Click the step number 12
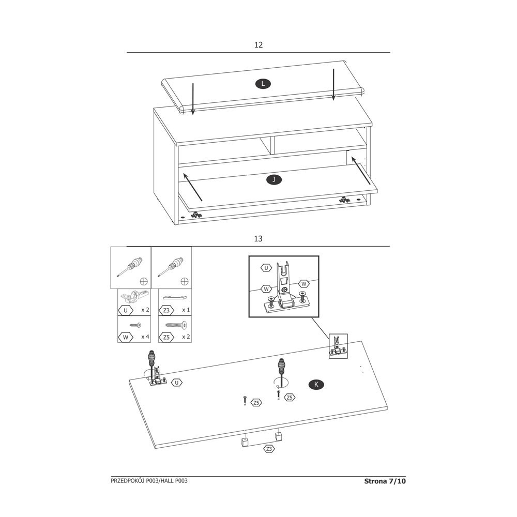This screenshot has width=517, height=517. click(x=258, y=45)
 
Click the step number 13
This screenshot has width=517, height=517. click(x=258, y=239)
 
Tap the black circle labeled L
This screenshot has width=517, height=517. click(x=263, y=84)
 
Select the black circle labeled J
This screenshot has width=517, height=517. click(x=274, y=180)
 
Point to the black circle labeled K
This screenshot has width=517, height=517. click(x=316, y=385)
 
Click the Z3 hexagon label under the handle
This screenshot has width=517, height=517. click(x=269, y=449)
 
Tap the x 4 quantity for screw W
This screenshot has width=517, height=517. click(x=145, y=337)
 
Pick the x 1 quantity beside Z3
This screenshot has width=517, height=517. click(x=186, y=310)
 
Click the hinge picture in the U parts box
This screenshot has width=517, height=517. click(x=133, y=297)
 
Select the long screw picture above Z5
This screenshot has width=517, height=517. click(x=175, y=325)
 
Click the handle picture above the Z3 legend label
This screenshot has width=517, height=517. click(x=175, y=298)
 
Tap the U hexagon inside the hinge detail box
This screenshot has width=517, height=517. click(x=266, y=268)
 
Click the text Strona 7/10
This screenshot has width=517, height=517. click(x=385, y=481)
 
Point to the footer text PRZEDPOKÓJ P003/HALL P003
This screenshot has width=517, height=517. click(x=149, y=481)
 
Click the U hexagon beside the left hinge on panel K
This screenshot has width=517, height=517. click(x=177, y=383)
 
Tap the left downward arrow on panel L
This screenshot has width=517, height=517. click(x=193, y=99)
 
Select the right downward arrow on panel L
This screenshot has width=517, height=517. click(x=333, y=84)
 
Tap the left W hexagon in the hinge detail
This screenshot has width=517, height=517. click(x=266, y=289)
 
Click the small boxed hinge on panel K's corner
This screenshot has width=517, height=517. click(x=338, y=346)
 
